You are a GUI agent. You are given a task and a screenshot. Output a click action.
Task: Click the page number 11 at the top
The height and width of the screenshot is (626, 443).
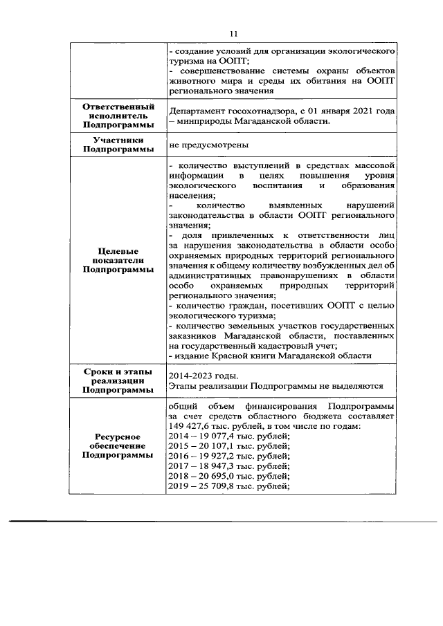pos(233,33)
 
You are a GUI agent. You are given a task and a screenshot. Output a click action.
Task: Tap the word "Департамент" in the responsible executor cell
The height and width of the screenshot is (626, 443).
pos(197,111)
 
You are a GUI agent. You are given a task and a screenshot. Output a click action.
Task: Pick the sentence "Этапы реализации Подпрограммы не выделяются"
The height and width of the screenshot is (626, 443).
pos(275,386)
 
